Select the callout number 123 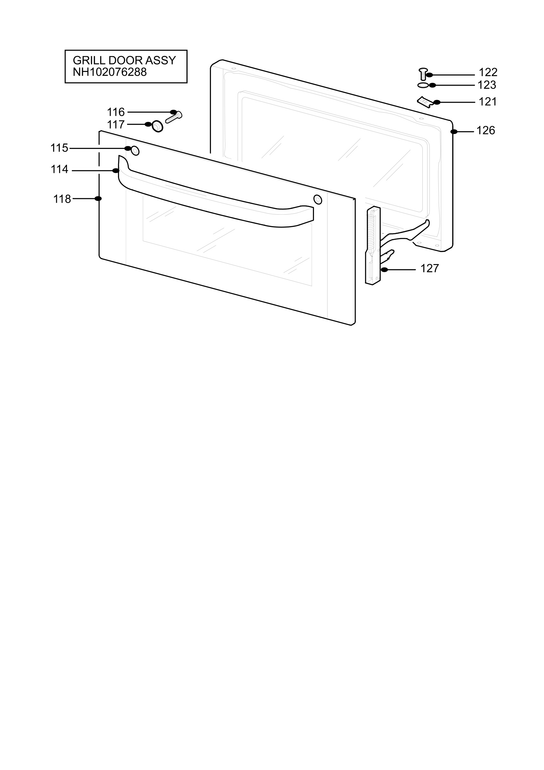pos(487,85)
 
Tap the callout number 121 pos(488,102)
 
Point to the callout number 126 pos(486,130)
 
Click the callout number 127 pos(430,268)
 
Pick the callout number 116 pos(116,112)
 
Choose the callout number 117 pos(116,125)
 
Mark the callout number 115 pos(59,148)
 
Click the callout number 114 pos(60,169)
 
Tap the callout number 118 pos(62,199)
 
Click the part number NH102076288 pos(110,72)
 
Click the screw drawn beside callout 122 pos(423,74)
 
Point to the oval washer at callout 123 pos(423,86)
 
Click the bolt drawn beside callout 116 pos(174,117)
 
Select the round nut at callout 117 pos(157,126)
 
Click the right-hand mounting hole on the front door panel pos(318,200)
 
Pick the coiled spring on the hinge pos(371,231)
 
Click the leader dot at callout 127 pos(384,269)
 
